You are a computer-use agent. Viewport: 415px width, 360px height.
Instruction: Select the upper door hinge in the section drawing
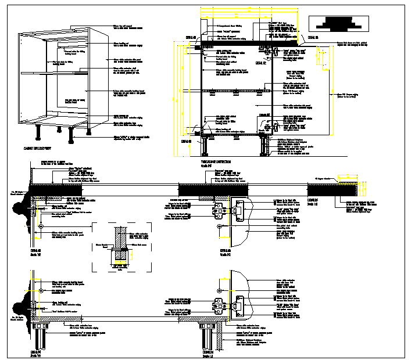coord(270,51)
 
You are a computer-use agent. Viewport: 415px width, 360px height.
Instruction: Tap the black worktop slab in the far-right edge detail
coord(331,189)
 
